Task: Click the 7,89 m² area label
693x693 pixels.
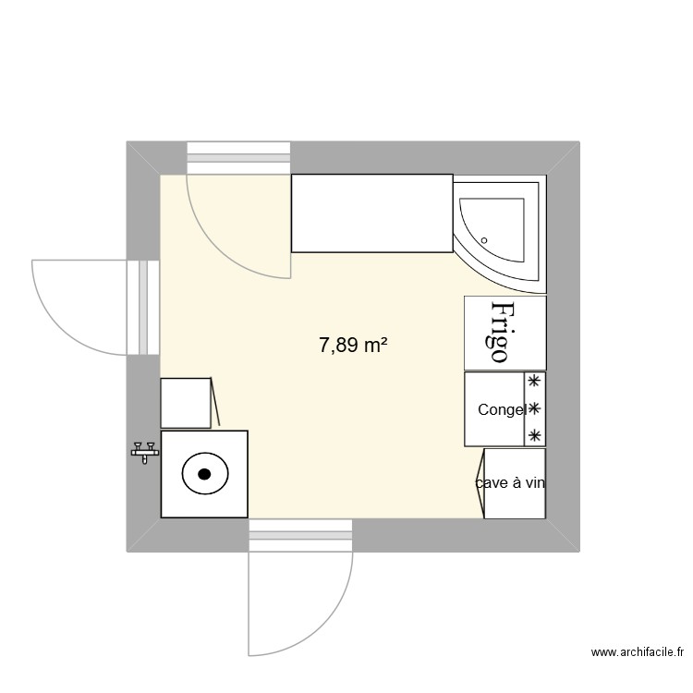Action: pos(352,346)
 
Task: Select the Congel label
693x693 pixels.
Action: pos(502,409)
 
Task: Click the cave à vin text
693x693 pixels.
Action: pos(510,482)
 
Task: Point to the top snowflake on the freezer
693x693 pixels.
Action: pos(533,381)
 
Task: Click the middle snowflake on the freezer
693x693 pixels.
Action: pos(533,407)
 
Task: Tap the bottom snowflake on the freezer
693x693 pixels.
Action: pos(533,434)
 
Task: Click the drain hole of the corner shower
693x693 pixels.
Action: pos(484,238)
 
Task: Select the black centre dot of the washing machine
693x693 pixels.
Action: pos(204,475)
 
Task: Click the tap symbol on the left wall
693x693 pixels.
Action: pos(144,451)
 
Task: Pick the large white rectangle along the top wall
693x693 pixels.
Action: pos(371,213)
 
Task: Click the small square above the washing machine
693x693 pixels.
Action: pos(187,402)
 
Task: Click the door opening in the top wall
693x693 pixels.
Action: pos(239,157)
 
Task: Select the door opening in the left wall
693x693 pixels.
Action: pos(143,307)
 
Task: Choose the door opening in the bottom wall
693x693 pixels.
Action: pos(301,535)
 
